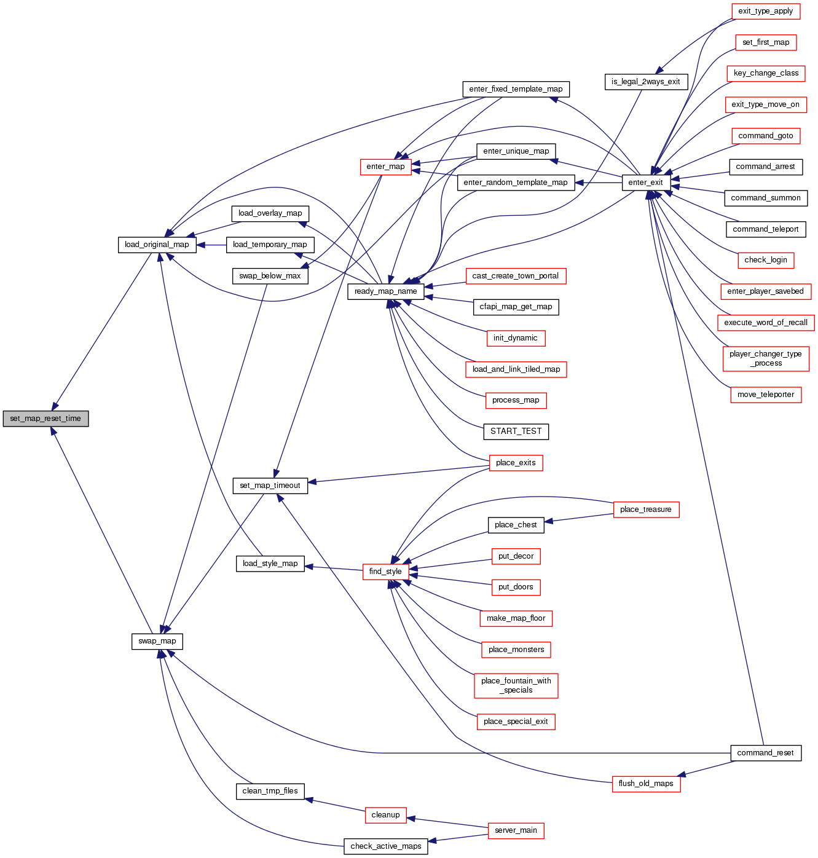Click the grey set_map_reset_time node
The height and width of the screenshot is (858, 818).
(x=45, y=419)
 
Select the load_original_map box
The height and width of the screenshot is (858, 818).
(x=157, y=245)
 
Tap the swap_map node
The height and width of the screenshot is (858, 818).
(x=157, y=641)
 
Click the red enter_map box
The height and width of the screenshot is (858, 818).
(x=385, y=167)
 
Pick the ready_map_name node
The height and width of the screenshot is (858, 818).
(x=385, y=291)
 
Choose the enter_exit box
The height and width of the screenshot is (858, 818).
(x=645, y=183)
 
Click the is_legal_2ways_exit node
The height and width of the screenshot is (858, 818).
(x=645, y=82)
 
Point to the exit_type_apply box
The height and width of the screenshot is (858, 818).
(x=765, y=11)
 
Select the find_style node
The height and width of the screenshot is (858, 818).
(x=385, y=572)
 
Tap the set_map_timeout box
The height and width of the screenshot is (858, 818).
(x=270, y=486)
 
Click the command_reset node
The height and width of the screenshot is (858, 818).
(x=765, y=753)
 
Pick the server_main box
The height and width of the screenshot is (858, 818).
(x=516, y=830)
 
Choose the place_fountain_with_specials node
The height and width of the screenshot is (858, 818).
(x=516, y=685)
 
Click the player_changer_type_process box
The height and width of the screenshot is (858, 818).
(x=765, y=358)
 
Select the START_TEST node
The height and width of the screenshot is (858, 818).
(x=516, y=431)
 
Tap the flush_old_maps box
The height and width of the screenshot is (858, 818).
(x=645, y=784)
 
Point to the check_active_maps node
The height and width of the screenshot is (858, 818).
(x=385, y=846)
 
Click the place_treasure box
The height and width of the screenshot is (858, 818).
(x=645, y=510)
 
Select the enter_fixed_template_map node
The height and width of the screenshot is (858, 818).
(x=516, y=89)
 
